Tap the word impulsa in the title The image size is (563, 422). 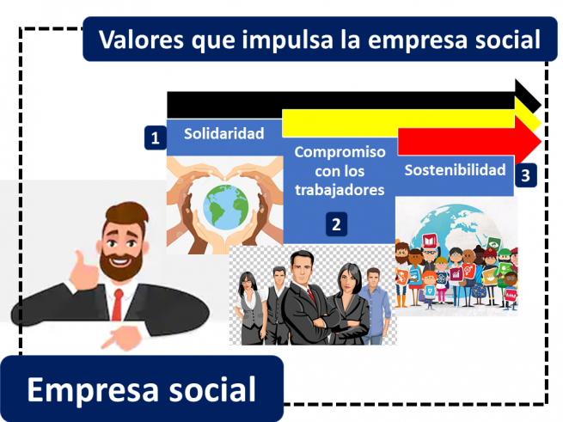(281, 40)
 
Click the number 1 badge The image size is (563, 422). (155, 138)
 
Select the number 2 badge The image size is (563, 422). (336, 225)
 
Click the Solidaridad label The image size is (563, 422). (224, 132)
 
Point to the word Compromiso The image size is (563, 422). (340, 152)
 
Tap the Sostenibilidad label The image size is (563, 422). (455, 169)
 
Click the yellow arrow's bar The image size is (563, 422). (395, 120)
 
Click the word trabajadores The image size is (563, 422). (340, 190)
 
